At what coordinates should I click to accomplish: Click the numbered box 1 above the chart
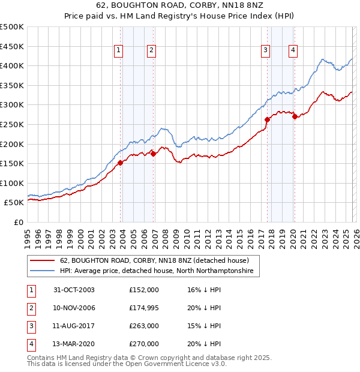(x=119, y=51)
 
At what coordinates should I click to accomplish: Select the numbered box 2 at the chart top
(x=152, y=51)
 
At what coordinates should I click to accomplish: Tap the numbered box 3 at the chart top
(x=265, y=51)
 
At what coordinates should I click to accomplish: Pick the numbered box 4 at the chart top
(x=293, y=51)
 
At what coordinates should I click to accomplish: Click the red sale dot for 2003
(x=121, y=162)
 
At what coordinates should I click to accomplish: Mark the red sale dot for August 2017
(x=267, y=119)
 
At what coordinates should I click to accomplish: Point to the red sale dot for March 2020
(x=295, y=116)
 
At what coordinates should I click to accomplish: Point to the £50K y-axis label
(x=14, y=203)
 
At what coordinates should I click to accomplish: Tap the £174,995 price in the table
(x=144, y=307)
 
